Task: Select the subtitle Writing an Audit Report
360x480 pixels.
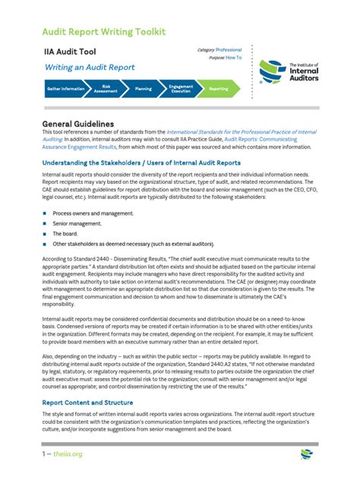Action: click(90, 68)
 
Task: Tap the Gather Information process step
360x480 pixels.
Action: click(65, 89)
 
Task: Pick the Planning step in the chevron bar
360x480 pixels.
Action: click(143, 89)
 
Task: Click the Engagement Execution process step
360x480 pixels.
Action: click(180, 89)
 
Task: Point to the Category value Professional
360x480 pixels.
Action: click(229, 49)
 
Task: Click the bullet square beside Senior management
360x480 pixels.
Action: click(45, 224)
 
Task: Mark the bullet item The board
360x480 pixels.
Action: click(68, 234)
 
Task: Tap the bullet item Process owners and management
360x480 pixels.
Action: click(93, 213)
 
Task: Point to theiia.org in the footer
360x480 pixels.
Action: click(67, 454)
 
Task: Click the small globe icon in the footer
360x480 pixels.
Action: click(306, 454)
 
